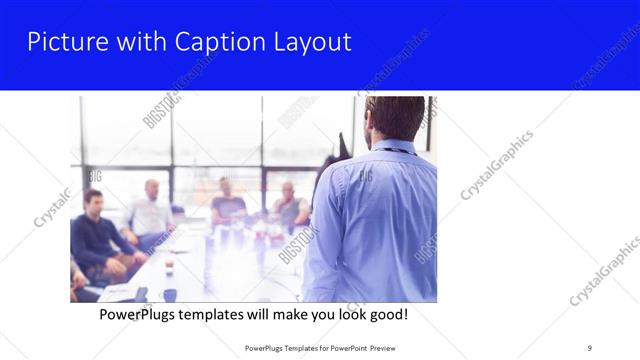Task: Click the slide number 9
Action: (x=589, y=347)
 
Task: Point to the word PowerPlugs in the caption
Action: (x=142, y=315)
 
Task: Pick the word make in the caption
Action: (x=284, y=315)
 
